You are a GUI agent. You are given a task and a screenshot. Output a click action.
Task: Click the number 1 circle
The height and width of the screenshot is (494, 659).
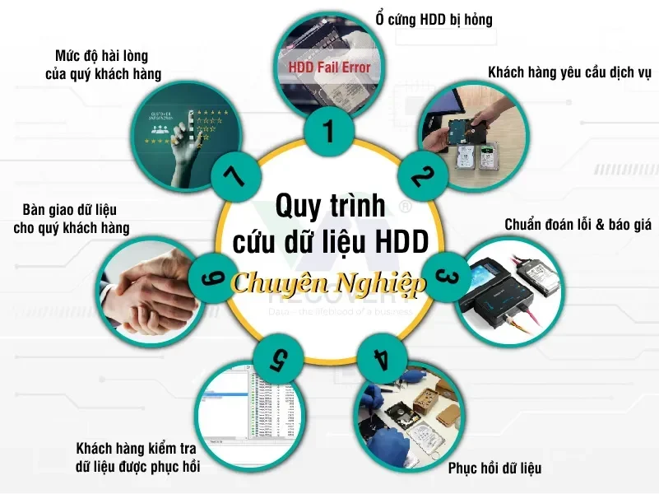click(329, 131)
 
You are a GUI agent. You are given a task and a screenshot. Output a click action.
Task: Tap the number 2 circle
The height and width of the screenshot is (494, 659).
click(421, 175)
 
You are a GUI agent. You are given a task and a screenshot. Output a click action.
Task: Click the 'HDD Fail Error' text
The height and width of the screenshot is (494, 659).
click(329, 68)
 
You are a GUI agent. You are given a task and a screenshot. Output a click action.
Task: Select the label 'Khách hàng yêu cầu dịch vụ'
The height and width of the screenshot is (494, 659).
click(569, 72)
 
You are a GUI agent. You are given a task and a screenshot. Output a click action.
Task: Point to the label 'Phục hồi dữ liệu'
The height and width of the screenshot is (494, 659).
click(494, 469)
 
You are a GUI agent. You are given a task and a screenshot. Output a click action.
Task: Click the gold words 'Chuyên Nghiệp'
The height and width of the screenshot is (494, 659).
click(329, 284)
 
